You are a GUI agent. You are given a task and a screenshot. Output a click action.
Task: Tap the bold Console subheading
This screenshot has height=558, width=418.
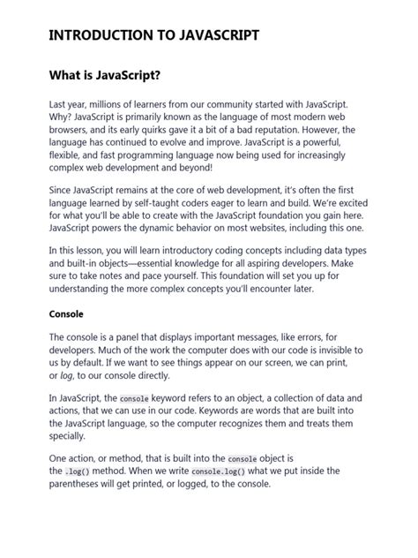(x=66, y=313)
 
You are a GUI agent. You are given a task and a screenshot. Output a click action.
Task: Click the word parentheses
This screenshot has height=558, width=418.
(x=78, y=485)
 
